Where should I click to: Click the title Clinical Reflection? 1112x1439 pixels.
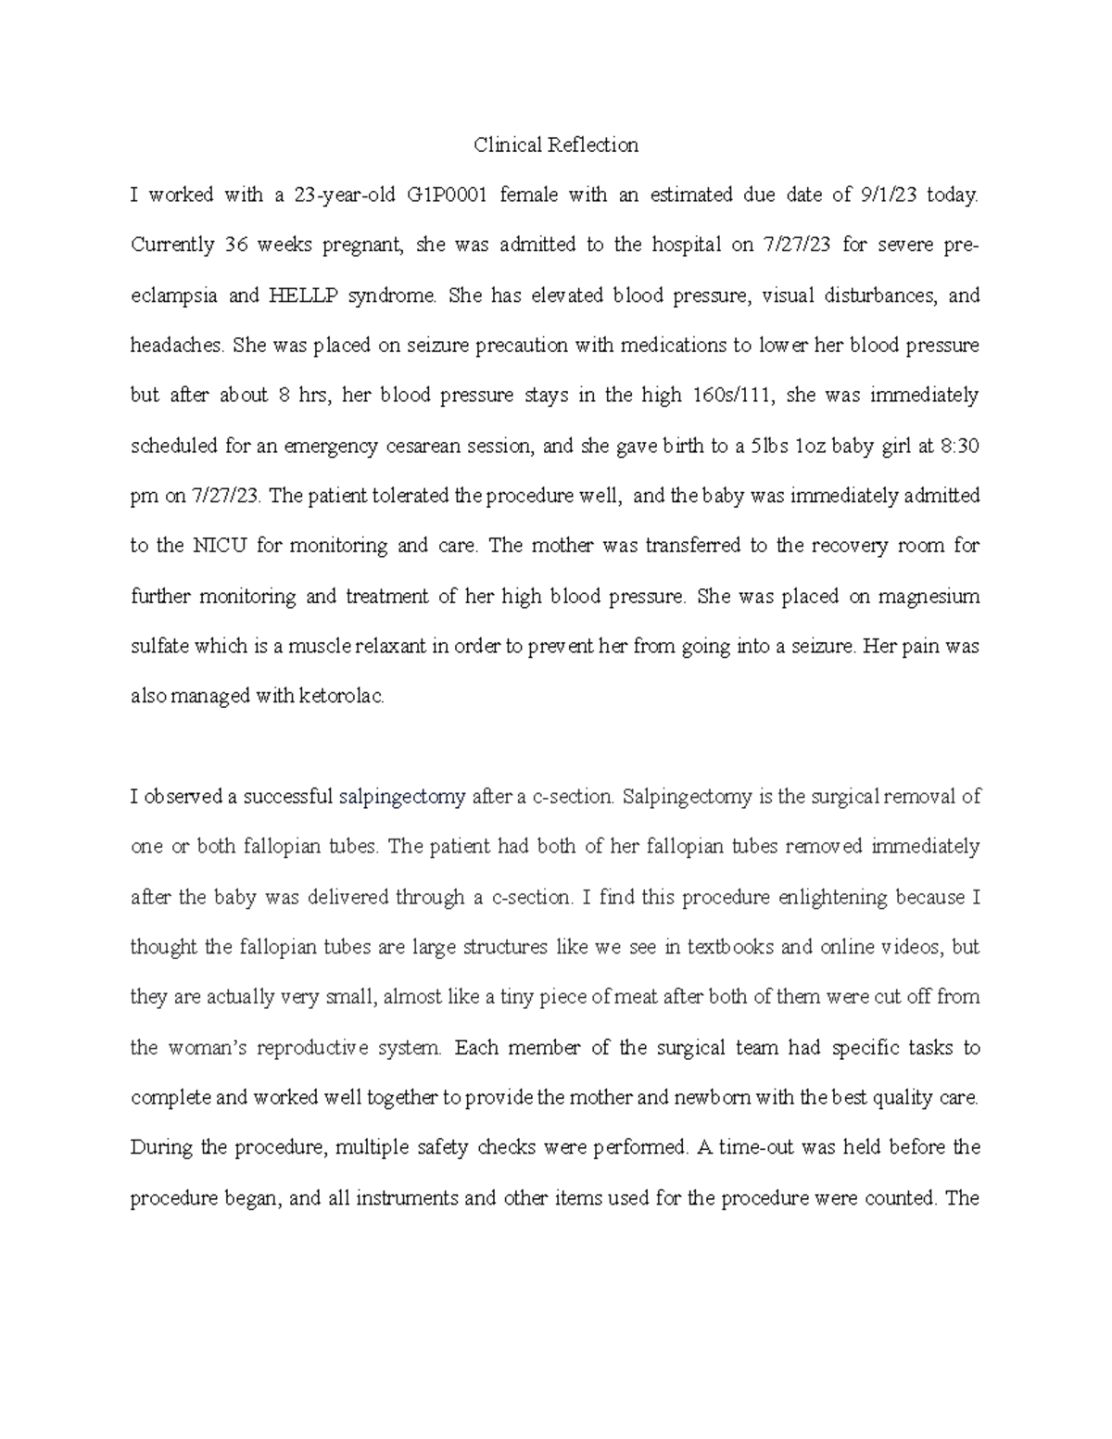pyautogui.click(x=556, y=145)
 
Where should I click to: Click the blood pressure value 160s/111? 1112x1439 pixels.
pyautogui.click(x=737, y=396)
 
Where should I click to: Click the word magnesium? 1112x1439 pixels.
pyautogui.click(x=923, y=596)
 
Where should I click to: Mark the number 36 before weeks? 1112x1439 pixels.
pyautogui.click(x=234, y=246)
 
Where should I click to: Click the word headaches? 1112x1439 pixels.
pyautogui.click(x=177, y=346)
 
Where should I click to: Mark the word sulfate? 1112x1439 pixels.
pyautogui.click(x=159, y=647)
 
